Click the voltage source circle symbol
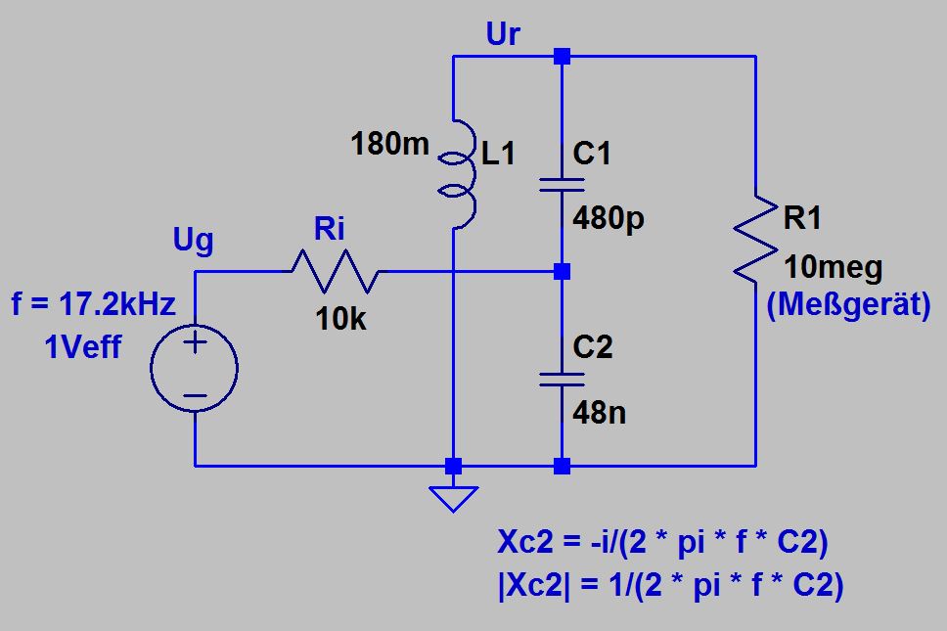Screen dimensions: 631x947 195,369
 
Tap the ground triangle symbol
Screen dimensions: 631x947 452,498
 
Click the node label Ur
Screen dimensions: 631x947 503,36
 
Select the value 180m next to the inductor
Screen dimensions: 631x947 389,146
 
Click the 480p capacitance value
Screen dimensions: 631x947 609,217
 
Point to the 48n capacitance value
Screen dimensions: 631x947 599,413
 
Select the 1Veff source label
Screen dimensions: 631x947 83,346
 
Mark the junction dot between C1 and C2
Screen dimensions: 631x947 562,271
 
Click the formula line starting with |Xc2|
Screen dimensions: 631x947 670,586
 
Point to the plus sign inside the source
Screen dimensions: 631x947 195,343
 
